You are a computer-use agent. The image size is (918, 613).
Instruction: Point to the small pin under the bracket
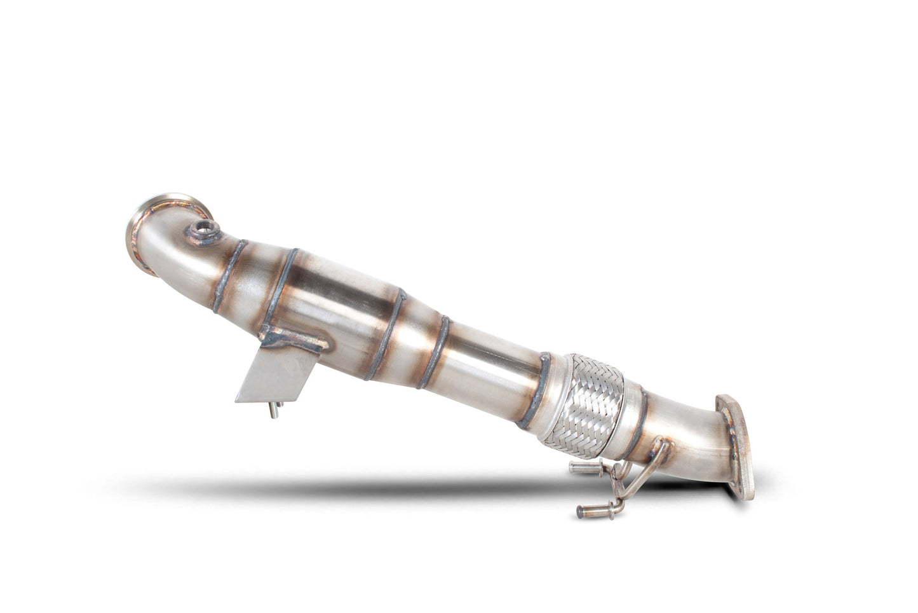click(273, 411)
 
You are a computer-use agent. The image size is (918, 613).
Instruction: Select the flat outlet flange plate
click(738, 445)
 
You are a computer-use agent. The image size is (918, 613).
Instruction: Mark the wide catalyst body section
click(337, 299)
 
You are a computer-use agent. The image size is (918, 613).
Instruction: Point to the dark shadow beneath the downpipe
click(381, 486)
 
